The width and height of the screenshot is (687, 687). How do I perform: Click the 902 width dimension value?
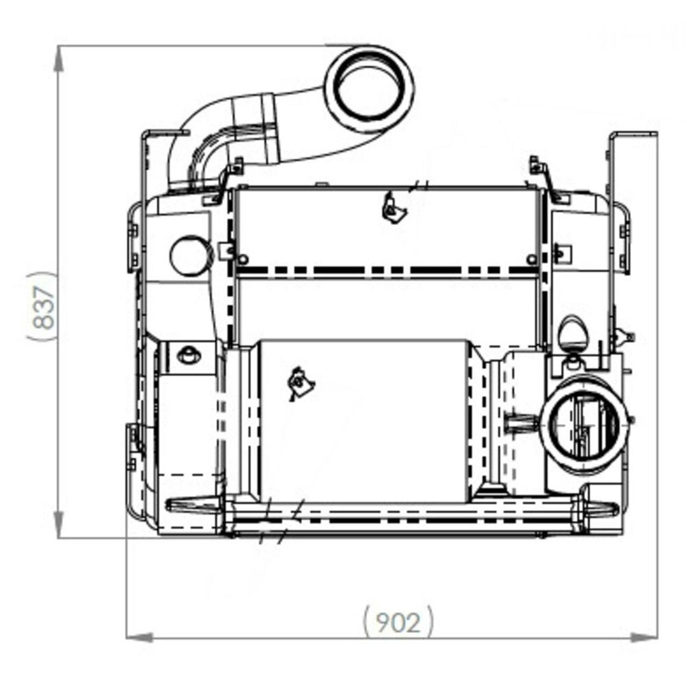click(x=398, y=622)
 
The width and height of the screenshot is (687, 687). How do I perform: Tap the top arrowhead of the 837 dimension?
click(x=59, y=59)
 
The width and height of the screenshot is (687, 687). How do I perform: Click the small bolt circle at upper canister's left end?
click(x=243, y=260)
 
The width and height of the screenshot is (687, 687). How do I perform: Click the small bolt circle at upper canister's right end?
click(x=531, y=260)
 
